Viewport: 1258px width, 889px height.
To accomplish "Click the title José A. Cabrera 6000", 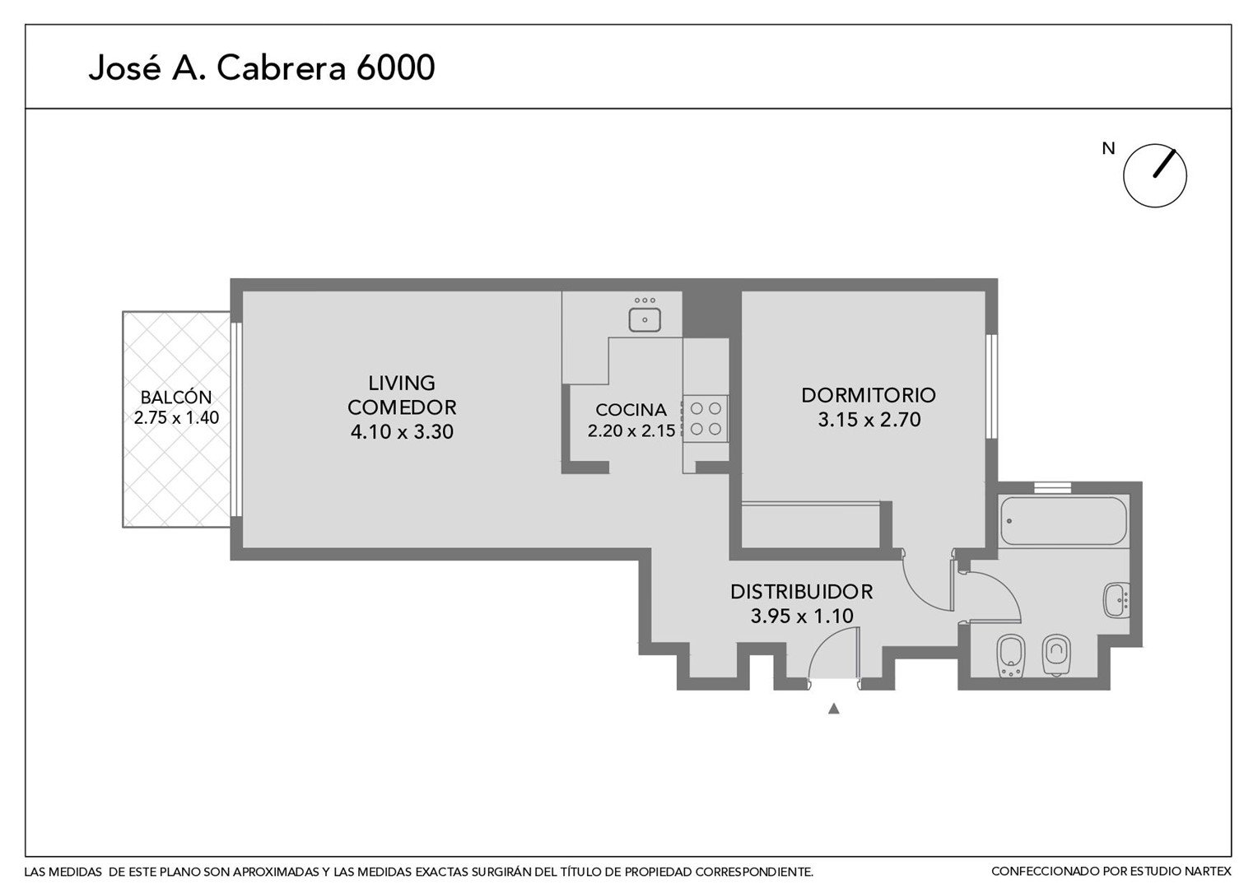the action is pos(262,68).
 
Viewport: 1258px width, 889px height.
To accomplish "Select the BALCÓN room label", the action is pos(176,397).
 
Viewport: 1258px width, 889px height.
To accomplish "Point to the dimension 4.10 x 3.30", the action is pos(402,431).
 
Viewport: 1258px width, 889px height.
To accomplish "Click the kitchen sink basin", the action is pos(644,320).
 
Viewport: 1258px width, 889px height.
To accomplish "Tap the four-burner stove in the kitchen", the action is pos(706,418).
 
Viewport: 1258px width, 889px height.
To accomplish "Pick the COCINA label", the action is pos(631,410).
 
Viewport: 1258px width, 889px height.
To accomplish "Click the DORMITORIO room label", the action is pos(869,395).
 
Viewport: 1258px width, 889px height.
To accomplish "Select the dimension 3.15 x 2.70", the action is pos(869,420).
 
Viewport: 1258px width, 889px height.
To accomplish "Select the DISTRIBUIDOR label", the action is pos(801,592).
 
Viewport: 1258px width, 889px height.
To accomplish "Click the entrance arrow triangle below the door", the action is pos(833,709).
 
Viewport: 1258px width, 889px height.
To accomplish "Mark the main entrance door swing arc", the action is pos(821,643).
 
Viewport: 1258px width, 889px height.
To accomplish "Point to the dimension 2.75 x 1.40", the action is pos(176,418).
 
